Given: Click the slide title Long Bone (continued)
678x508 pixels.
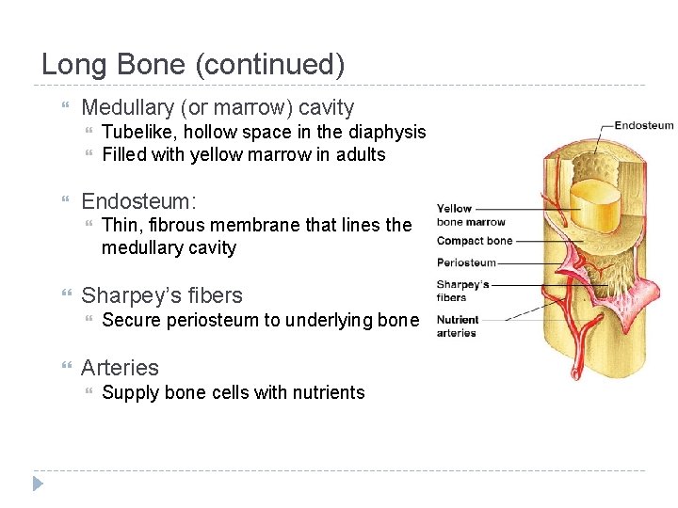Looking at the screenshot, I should click(193, 65).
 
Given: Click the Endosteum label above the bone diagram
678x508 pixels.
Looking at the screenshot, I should click(644, 124).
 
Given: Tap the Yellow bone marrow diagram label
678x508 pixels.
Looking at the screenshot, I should click(471, 214).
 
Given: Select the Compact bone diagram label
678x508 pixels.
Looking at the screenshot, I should click(475, 241).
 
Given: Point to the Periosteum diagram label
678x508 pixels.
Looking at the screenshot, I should click(466, 262).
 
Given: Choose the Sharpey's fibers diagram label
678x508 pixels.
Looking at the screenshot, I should click(462, 291).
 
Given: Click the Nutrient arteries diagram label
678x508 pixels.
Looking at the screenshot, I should click(457, 325).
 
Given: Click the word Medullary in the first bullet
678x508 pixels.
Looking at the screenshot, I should click(123, 108).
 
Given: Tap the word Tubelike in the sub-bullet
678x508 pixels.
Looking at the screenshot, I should click(136, 133).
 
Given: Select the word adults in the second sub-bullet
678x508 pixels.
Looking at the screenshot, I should click(360, 155).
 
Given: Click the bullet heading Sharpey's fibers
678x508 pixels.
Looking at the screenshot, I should click(162, 295).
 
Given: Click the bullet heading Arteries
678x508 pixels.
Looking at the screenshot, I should click(120, 368).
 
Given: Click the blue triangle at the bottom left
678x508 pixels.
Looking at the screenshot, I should click(38, 484).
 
